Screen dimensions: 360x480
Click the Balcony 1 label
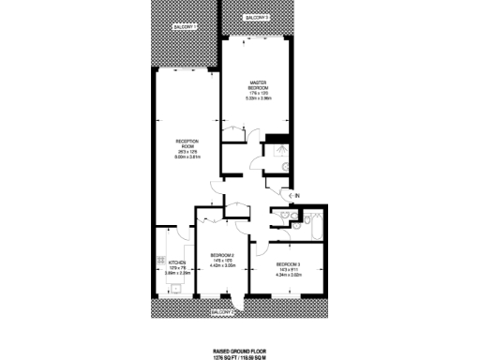click(x=186, y=27)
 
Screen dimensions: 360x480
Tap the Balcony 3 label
click(x=257, y=18)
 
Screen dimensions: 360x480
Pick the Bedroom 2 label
click(x=222, y=255)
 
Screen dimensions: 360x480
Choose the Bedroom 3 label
click(x=288, y=264)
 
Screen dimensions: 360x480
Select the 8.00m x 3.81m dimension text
click(x=187, y=157)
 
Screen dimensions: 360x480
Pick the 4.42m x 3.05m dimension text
click(x=222, y=266)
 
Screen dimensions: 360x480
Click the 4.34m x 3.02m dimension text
click(x=288, y=276)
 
